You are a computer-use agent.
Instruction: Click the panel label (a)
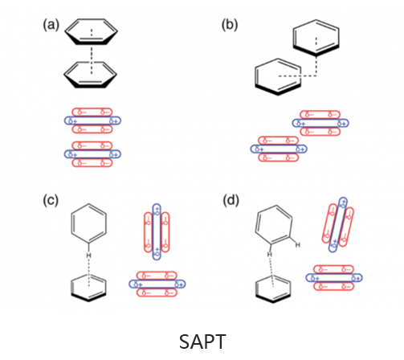click(50, 24)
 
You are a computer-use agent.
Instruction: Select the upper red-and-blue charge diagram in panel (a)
click(93, 121)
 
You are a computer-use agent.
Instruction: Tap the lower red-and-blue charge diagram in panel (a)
click(93, 153)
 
